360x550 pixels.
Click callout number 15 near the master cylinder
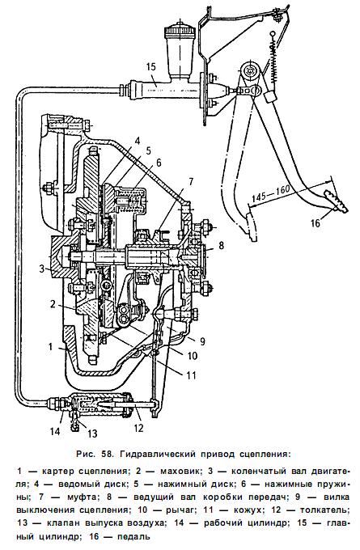pyautogui.click(x=151, y=67)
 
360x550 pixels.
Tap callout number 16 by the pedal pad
pyautogui.click(x=316, y=222)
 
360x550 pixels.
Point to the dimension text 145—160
pyautogui.click(x=270, y=192)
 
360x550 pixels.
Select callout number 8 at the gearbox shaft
pyautogui.click(x=221, y=245)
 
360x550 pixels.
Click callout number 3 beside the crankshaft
pyautogui.click(x=42, y=269)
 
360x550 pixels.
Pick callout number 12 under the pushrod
pyautogui.click(x=139, y=428)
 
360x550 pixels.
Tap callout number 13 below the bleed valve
pyautogui.click(x=92, y=434)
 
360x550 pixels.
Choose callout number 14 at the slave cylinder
pyautogui.click(x=55, y=430)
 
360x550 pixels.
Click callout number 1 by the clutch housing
pyautogui.click(x=50, y=346)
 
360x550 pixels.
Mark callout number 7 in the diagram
pyautogui.click(x=191, y=182)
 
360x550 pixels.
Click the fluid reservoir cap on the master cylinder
pyautogui.click(x=180, y=29)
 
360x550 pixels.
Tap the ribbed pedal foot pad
pyautogui.click(x=336, y=201)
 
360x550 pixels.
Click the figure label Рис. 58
pyautogui.click(x=95, y=455)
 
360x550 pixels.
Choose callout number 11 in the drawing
pyautogui.click(x=191, y=375)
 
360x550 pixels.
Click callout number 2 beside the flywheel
pyautogui.click(x=53, y=304)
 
